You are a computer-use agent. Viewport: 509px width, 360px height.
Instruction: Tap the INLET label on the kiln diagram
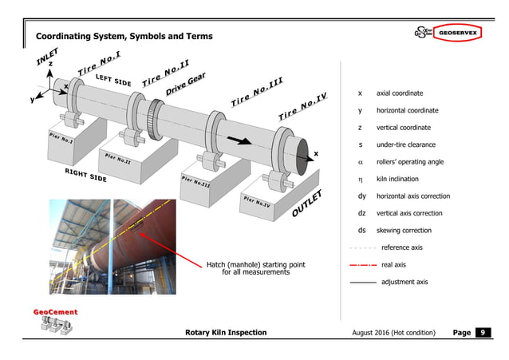point(48,54)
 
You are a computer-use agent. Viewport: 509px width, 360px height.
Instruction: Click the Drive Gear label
point(187,83)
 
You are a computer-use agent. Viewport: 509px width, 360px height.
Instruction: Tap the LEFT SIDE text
point(113,81)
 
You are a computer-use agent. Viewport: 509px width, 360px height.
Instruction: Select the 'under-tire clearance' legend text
point(408,144)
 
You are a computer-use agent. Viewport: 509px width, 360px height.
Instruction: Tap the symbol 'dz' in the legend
point(362,213)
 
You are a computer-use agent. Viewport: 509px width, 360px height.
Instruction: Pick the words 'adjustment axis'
point(404,282)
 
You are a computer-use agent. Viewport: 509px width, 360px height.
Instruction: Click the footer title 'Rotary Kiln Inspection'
point(226,332)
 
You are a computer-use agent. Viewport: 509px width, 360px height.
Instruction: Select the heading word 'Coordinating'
point(69,37)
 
